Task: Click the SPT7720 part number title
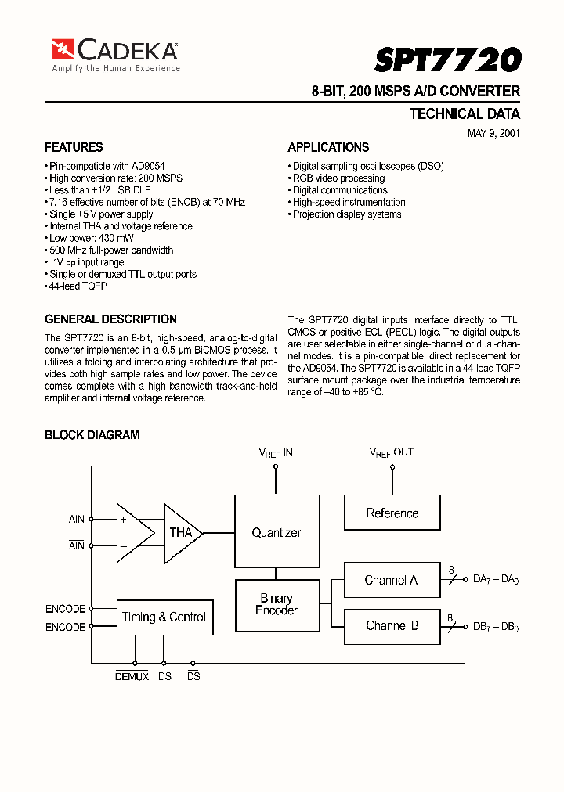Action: click(x=447, y=59)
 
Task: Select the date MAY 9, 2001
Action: click(x=493, y=133)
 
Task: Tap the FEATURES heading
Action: click(x=74, y=147)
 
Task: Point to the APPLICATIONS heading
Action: click(x=328, y=147)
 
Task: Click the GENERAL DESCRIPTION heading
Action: click(x=110, y=319)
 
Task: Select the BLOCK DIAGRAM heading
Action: click(x=92, y=435)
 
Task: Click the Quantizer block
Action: click(x=276, y=532)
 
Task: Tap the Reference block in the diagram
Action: click(x=392, y=513)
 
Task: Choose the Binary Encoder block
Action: click(x=277, y=604)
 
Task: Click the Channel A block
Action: click(x=391, y=580)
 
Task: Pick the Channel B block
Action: click(x=392, y=625)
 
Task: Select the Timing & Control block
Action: click(x=164, y=617)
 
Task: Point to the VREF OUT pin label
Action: click(x=391, y=452)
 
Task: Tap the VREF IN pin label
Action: click(x=276, y=452)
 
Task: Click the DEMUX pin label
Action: click(x=132, y=676)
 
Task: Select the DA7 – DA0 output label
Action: click(x=496, y=580)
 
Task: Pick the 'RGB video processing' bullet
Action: click(x=338, y=178)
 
